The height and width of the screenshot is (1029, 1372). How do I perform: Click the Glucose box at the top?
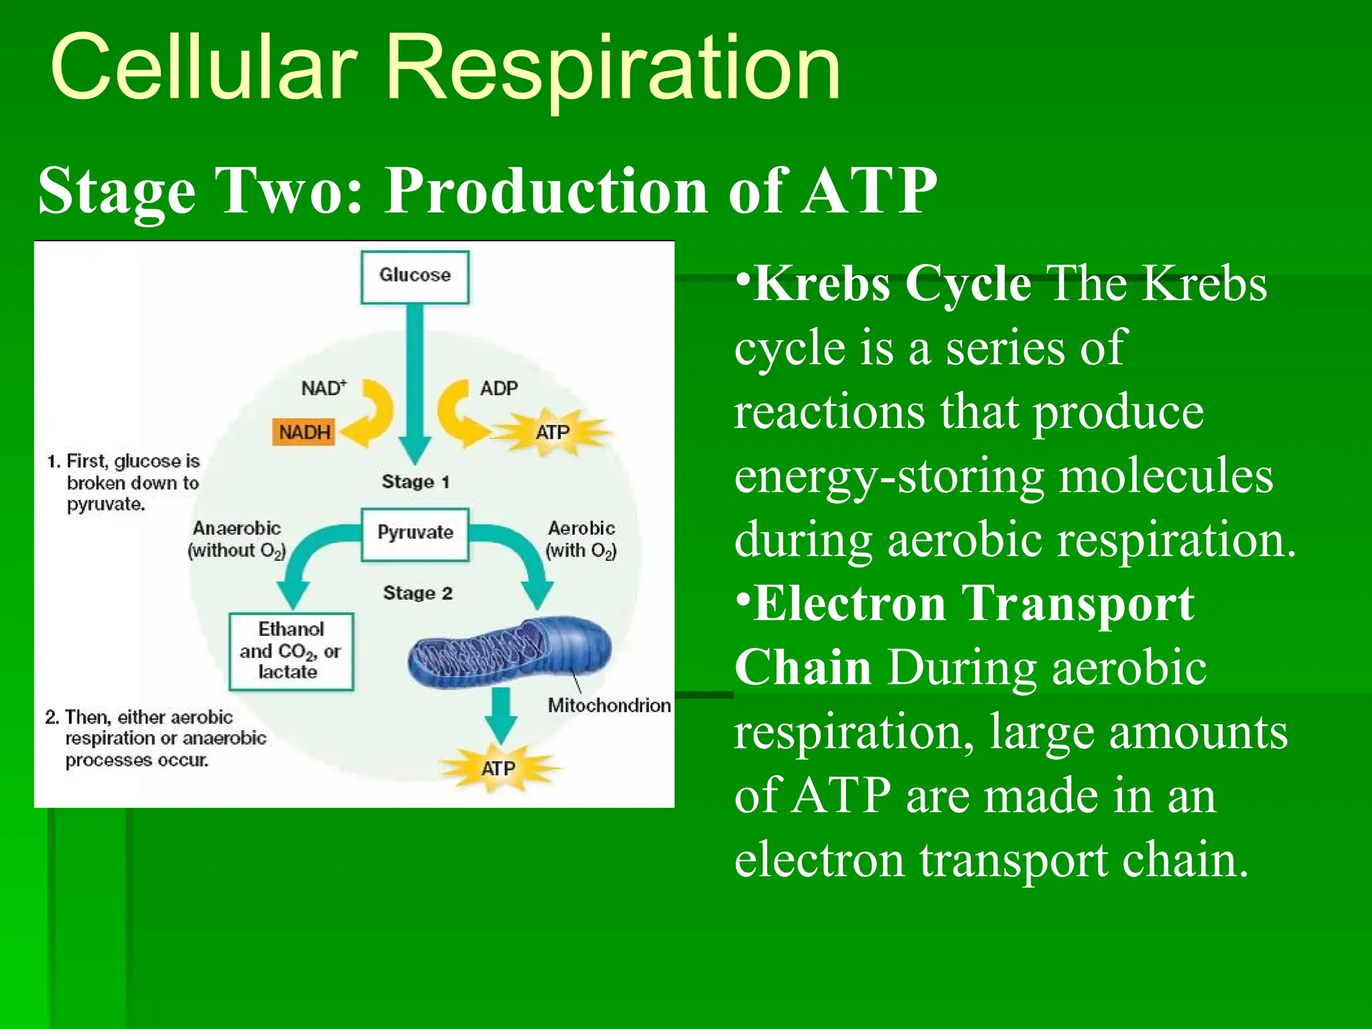click(x=415, y=277)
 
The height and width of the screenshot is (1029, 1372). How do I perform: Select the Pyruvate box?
click(x=415, y=534)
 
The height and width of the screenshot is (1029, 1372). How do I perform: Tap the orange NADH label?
click(x=305, y=432)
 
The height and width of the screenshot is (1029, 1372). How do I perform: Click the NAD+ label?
click(x=324, y=389)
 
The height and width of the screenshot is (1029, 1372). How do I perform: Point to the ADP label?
click(x=498, y=389)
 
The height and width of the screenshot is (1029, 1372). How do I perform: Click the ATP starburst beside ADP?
click(x=553, y=432)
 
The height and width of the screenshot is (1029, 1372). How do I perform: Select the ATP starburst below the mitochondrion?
click(x=498, y=768)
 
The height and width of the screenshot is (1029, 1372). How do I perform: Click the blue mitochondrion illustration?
click(x=509, y=653)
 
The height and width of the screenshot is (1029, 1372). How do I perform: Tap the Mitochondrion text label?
click(x=609, y=705)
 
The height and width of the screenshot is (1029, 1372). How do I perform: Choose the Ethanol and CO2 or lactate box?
click(x=291, y=651)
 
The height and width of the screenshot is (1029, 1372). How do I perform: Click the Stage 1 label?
click(x=415, y=482)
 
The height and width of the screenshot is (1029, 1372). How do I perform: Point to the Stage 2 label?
click(x=417, y=593)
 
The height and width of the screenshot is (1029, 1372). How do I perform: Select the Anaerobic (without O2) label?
click(x=236, y=539)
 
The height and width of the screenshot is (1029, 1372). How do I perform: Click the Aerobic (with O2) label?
click(x=581, y=539)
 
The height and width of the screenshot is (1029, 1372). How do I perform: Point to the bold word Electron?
click(x=849, y=604)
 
